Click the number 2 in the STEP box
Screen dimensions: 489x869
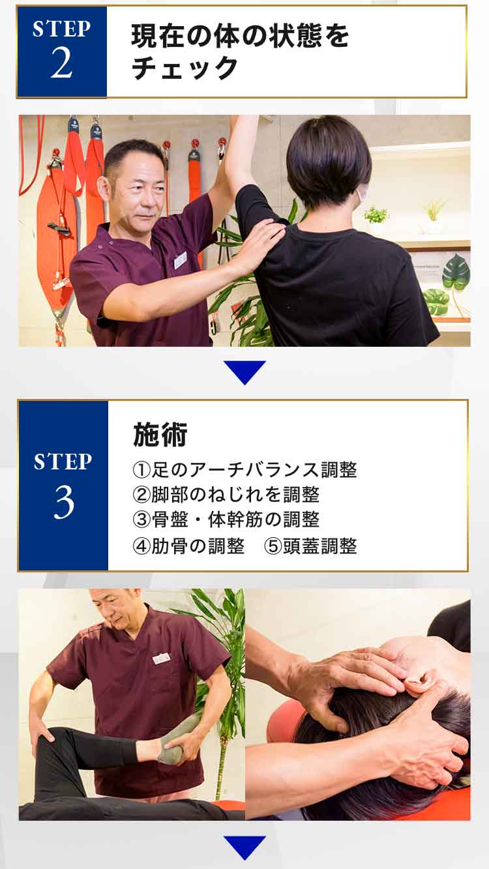(62, 63)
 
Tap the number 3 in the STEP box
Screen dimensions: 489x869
(64, 503)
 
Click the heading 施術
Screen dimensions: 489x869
(160, 434)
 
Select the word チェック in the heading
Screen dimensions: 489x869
(185, 68)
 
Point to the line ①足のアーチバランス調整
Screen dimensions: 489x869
(244, 470)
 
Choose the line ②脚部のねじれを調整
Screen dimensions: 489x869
(226, 495)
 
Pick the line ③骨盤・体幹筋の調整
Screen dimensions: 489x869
(226, 520)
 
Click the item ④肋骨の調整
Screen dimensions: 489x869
(188, 546)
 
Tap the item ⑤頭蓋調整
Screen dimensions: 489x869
(310, 546)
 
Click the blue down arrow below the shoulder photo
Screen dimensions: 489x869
(244, 372)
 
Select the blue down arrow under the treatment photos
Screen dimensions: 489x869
(244, 847)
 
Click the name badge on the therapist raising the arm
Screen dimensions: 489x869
(181, 260)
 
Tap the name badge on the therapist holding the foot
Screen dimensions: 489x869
(162, 658)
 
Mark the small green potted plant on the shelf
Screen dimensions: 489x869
(376, 214)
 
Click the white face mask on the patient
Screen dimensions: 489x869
(361, 195)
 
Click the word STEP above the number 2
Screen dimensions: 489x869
(62, 29)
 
